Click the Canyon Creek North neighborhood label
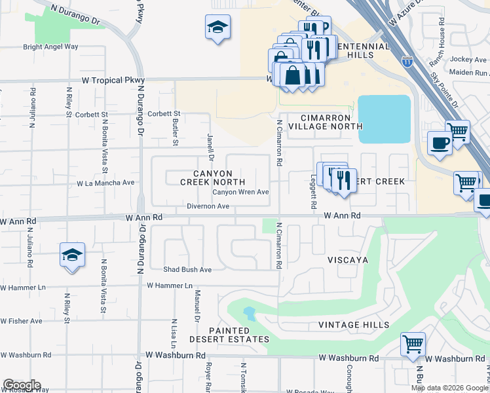tap(213, 177)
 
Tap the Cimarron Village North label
tap(331, 122)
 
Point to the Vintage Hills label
tap(354, 325)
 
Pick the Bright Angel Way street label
tap(50, 47)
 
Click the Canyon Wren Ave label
tap(240, 192)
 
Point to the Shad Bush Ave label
tap(187, 269)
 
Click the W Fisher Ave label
tap(22, 321)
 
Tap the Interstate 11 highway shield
tap(407, 62)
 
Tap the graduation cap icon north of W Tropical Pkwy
tap(218, 27)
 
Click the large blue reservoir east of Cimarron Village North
tap(384, 119)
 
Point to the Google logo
tap(22, 385)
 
